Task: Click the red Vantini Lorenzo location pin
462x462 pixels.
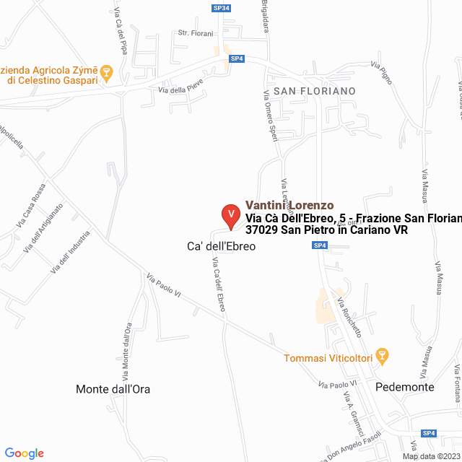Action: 230,214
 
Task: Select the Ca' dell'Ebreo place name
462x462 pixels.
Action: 217,246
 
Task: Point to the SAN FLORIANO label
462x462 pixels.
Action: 315,91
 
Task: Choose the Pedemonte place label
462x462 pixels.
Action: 405,387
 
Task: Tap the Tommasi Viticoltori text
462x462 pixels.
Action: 329,358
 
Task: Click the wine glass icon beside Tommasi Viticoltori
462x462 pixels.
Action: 383,355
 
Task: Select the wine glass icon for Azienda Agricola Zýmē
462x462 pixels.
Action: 106,71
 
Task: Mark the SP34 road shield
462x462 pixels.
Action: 222,9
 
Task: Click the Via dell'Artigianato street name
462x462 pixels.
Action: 43,227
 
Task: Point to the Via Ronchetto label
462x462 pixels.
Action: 349,317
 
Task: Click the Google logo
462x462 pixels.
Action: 24,453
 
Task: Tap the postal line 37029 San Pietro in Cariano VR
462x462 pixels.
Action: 326,230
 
